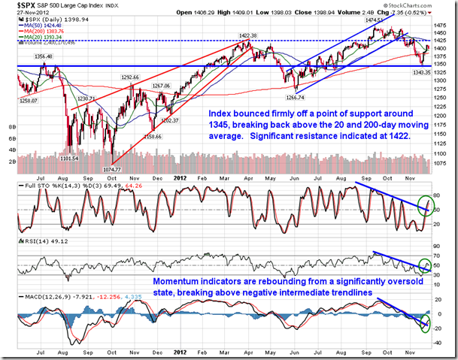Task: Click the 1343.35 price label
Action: pyautogui.click(x=417, y=73)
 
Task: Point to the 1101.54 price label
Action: pyautogui.click(x=70, y=159)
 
